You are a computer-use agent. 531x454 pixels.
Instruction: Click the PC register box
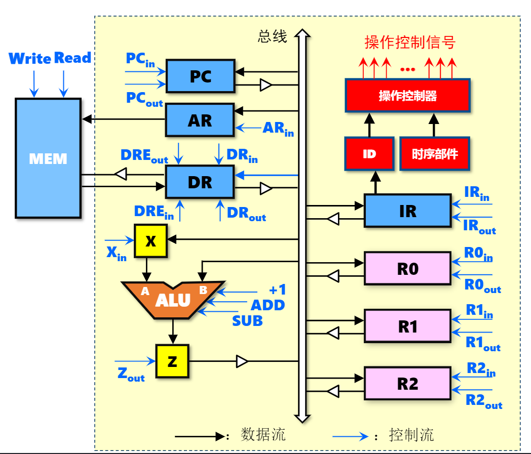click(200, 76)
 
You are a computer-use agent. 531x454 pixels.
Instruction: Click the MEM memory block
click(48, 158)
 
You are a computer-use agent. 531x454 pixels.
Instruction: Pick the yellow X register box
click(150, 241)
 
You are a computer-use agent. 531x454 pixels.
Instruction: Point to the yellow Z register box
click(172, 361)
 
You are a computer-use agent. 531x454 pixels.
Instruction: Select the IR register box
click(407, 211)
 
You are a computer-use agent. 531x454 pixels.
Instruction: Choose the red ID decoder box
click(369, 154)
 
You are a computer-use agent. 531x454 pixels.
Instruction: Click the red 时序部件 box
click(434, 154)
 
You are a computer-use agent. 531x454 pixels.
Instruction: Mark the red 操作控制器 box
click(407, 96)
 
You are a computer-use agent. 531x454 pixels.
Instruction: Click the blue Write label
click(30, 58)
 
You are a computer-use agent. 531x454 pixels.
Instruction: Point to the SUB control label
click(247, 320)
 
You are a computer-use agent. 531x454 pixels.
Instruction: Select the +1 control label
click(277, 290)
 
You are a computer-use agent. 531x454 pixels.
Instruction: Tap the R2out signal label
click(483, 401)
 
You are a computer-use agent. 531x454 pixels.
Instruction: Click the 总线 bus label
click(272, 36)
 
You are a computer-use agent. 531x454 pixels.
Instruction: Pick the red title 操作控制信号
click(410, 42)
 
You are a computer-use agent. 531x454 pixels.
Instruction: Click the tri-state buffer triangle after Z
click(242, 361)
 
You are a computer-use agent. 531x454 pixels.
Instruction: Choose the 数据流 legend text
click(263, 435)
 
